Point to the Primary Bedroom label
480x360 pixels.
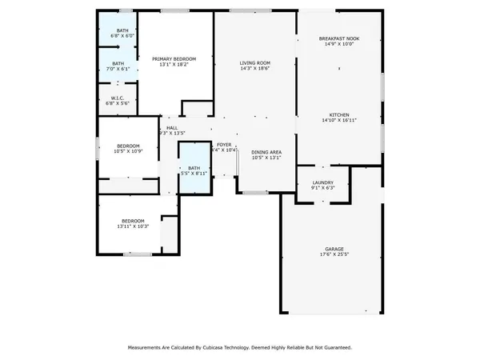coord(174,58)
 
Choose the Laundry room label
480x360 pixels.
coord(322,183)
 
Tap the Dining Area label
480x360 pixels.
coord(266,152)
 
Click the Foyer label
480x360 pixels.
coord(224,144)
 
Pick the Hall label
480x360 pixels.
coord(172,127)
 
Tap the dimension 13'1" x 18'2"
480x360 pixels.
coord(174,65)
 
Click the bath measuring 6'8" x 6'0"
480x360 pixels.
coord(118,33)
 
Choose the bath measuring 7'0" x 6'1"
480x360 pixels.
coord(118,66)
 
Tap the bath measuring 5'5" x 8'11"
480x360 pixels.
coord(194,170)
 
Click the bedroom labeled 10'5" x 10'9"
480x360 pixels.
coord(128,149)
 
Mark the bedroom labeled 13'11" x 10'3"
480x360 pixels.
coord(133,224)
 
